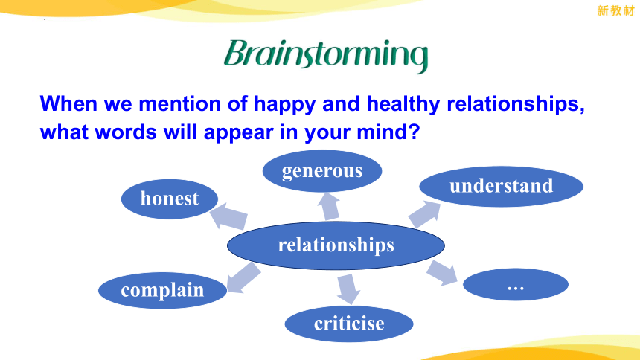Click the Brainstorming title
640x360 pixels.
pos(326,55)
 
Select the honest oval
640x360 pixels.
pos(170,199)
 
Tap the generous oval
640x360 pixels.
pos(322,171)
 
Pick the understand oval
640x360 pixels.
pos(502,186)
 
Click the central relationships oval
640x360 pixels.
pos(336,245)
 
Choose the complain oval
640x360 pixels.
pos(162,290)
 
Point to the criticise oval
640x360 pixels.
pos(349,324)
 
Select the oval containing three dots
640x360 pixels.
pos(516,284)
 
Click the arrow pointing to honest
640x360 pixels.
pos(228,216)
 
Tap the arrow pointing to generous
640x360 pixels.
pos(330,207)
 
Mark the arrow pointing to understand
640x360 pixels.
pos(424,214)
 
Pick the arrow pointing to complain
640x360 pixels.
pos(243,278)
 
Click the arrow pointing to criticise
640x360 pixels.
pos(348,289)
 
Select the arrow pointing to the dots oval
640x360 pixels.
pos(442,272)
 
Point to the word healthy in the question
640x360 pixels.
pos(403,103)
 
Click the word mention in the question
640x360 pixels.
pos(179,103)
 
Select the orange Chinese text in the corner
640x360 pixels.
pos(615,10)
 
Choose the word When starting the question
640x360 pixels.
pos(68,103)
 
